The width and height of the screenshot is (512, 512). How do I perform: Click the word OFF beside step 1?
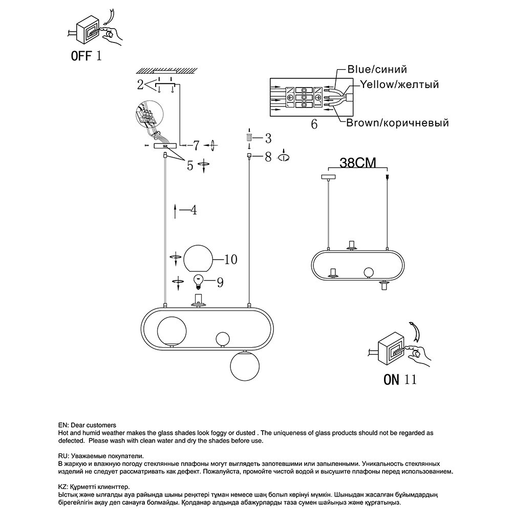80,56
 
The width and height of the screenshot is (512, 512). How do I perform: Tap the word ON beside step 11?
392,379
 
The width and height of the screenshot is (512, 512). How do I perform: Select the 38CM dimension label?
358,163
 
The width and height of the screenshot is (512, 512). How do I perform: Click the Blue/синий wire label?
377,70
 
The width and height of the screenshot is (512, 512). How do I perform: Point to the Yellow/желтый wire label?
399,84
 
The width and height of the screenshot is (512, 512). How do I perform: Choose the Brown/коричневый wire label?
397,123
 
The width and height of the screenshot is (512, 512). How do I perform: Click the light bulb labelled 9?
198,281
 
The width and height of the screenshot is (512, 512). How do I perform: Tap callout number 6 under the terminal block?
314,124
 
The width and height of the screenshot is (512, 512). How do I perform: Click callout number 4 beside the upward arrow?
194,210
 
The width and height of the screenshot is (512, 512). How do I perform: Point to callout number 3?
267,138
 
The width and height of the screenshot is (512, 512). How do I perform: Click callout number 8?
267,157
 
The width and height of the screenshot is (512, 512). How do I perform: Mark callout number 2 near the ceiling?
140,85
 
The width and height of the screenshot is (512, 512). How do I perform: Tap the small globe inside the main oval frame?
223,338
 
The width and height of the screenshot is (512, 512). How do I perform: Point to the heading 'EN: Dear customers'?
87,425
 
